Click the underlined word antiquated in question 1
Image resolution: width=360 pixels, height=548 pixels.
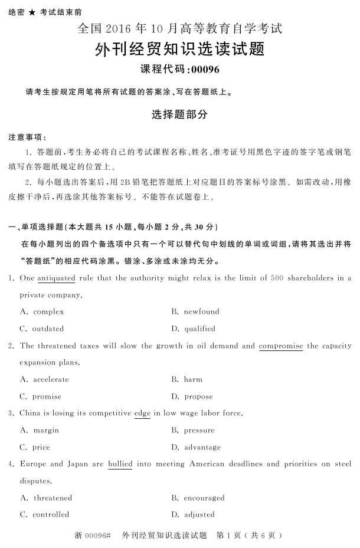pos(56,278)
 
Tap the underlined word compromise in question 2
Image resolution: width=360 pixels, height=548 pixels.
pos(280,346)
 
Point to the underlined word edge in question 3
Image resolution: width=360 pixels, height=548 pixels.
pos(142,413)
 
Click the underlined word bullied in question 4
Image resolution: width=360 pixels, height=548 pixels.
pos(120,464)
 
